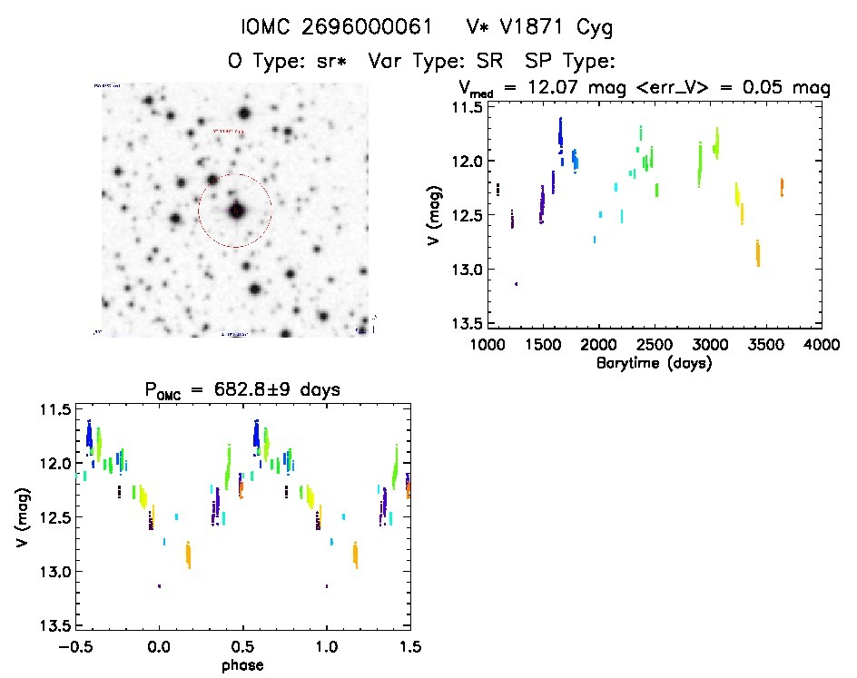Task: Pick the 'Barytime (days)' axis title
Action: (654, 364)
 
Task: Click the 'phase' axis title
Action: (243, 666)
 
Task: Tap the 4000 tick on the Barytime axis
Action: (821, 346)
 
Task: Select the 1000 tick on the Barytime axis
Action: (488, 346)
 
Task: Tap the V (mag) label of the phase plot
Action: (22, 517)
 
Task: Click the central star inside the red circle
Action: (237, 211)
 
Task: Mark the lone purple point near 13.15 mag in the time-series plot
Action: (517, 284)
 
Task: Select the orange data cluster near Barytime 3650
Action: (781, 187)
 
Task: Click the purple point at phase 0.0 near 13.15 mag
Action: (159, 585)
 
